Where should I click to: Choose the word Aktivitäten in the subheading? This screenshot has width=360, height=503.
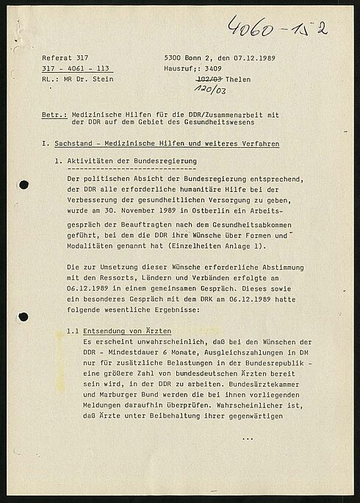tap(90, 160)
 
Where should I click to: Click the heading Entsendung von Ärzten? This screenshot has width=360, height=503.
tap(127, 332)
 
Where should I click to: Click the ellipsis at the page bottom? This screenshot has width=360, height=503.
tap(247, 438)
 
